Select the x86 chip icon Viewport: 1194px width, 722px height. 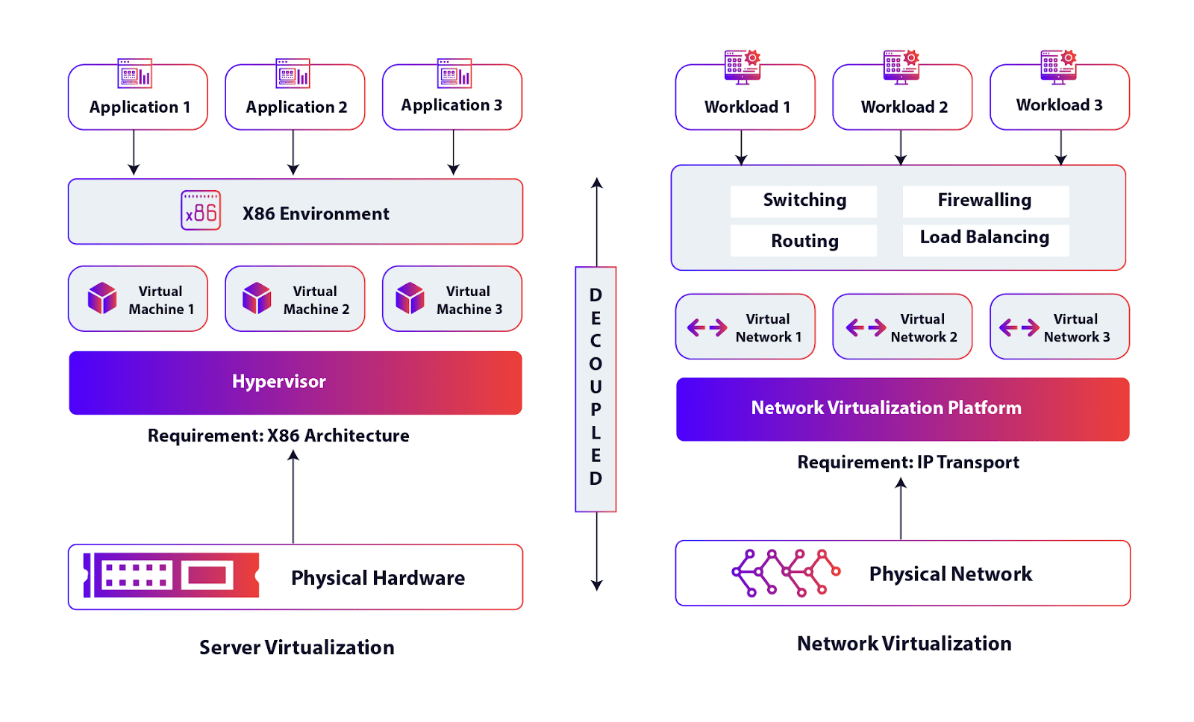pyautogui.click(x=201, y=211)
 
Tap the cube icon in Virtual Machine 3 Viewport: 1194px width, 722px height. pyautogui.click(x=410, y=298)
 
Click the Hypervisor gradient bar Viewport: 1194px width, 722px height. pyautogui.click(x=296, y=383)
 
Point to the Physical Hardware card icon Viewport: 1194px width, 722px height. pyautogui.click(x=172, y=575)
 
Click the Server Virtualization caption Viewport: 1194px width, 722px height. pyautogui.click(x=296, y=647)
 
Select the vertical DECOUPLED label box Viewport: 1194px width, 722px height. pyautogui.click(x=596, y=389)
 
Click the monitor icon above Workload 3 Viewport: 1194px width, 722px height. pyautogui.click(x=1058, y=66)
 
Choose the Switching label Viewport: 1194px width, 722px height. pyautogui.click(x=804, y=201)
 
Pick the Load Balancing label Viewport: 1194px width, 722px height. pyautogui.click(x=984, y=238)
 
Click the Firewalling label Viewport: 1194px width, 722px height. pyautogui.click(x=984, y=201)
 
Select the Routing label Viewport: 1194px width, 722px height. pyautogui.click(x=804, y=241)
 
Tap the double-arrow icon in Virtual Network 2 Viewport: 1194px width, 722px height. pyautogui.click(x=866, y=327)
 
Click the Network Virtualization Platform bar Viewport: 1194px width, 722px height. pyautogui.click(x=902, y=409)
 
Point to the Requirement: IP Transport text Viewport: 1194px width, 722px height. pyautogui.click(x=907, y=462)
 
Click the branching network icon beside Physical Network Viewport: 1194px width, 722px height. pyautogui.click(x=785, y=573)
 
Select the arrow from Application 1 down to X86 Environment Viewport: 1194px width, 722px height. pyautogui.click(x=134, y=153)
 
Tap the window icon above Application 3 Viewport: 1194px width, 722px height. pyautogui.click(x=454, y=73)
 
